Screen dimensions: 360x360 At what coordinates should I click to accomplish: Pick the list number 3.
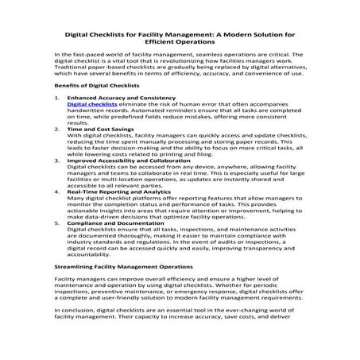pos(56,160)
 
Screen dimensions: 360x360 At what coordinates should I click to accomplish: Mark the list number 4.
pos(56,192)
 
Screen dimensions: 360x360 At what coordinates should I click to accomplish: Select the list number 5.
pos(56,223)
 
